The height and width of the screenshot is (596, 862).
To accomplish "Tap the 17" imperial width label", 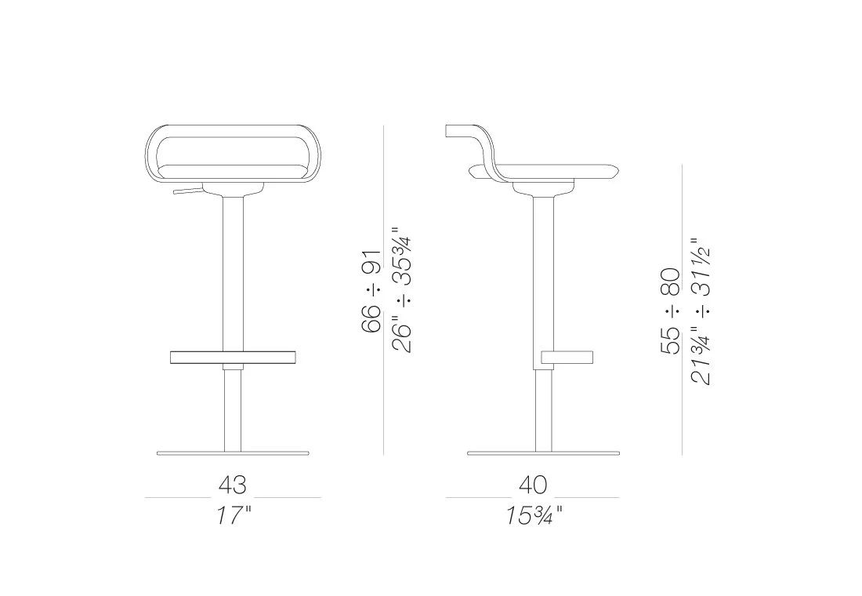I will [x=233, y=515].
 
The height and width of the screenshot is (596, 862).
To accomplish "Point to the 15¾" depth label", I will [x=533, y=515].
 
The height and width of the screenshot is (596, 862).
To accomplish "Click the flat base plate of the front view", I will [x=233, y=453].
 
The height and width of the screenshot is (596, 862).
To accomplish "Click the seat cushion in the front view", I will [x=233, y=171].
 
